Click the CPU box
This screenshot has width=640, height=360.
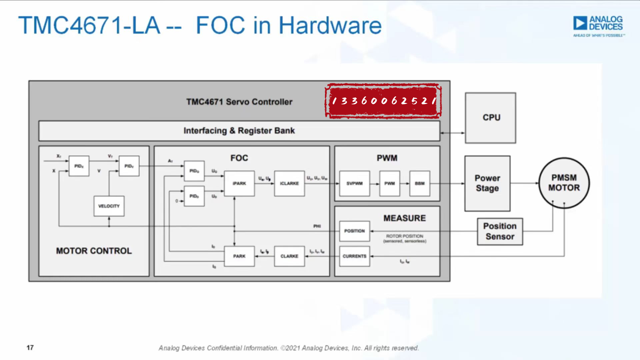pyautogui.click(x=490, y=118)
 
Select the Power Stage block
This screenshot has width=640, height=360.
pyautogui.click(x=487, y=183)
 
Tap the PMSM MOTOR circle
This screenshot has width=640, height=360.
pyautogui.click(x=564, y=183)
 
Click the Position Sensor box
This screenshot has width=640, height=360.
pyautogui.click(x=500, y=232)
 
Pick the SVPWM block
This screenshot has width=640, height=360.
pyautogui.click(x=354, y=184)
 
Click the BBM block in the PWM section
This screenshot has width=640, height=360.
pyautogui.click(x=420, y=184)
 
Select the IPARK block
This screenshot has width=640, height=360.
pyautogui.click(x=239, y=184)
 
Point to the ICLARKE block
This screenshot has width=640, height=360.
pyautogui.click(x=289, y=184)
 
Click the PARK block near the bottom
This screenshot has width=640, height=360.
pyautogui.click(x=239, y=256)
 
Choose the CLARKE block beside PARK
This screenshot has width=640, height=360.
pyautogui.click(x=289, y=256)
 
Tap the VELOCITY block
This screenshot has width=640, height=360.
pyautogui.click(x=109, y=206)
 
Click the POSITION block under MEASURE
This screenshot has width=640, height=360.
pyautogui.click(x=354, y=231)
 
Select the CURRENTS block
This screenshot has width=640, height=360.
pyautogui.click(x=354, y=256)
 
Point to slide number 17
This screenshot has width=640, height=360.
pyautogui.click(x=30, y=348)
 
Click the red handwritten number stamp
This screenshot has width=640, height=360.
pyautogui.click(x=383, y=101)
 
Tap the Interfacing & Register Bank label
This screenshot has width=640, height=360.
pyautogui.click(x=239, y=131)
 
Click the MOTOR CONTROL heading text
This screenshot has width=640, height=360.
pyautogui.click(x=94, y=251)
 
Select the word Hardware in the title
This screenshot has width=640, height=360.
pyautogui.click(x=330, y=25)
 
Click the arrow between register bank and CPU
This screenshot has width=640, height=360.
pyautogui.click(x=452, y=133)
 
